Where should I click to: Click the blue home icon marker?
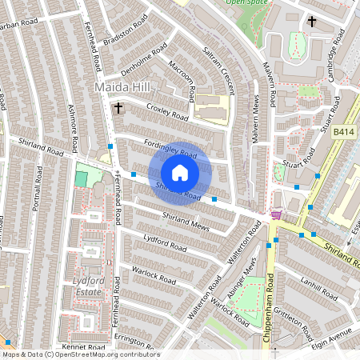pos(180,172)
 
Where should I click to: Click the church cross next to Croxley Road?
pos(118,106)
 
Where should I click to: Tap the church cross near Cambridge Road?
pos(311,22)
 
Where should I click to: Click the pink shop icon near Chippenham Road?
pos(277,214)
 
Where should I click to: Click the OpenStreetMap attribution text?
pos(80,354)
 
